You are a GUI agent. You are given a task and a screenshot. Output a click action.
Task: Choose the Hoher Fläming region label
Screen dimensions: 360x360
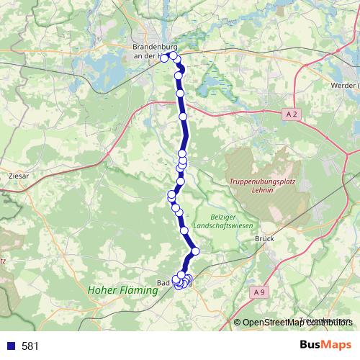point(122,291)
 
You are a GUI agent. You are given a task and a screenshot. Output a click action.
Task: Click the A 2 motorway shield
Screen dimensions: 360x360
point(291,114)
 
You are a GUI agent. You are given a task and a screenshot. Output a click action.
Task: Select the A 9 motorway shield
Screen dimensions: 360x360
point(260,292)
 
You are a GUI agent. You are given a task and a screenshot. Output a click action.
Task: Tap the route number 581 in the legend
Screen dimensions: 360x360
point(30,346)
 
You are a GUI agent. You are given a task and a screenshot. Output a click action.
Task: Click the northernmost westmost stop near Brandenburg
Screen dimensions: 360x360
point(164,58)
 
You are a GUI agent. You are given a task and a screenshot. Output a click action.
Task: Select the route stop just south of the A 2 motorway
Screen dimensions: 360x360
point(183,116)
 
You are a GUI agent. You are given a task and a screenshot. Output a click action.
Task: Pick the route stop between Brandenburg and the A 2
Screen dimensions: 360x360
point(181,92)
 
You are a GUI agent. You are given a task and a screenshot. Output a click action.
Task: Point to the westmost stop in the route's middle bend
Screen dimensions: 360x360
point(171,194)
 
